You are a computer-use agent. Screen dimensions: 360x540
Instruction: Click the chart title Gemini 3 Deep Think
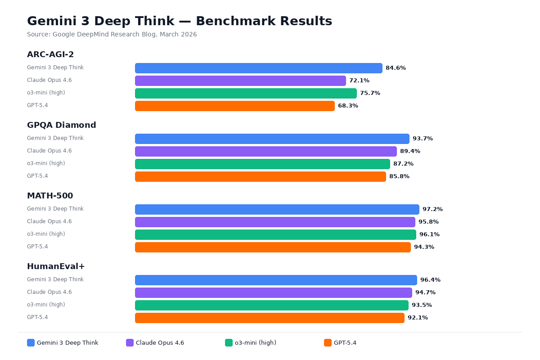click(180, 21)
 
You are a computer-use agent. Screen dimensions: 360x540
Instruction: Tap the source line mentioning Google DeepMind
click(112, 35)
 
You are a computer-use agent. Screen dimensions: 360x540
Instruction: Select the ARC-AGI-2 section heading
click(50, 54)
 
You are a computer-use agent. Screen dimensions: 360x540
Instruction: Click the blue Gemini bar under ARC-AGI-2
click(258, 68)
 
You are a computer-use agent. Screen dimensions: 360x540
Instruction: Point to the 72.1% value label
click(359, 81)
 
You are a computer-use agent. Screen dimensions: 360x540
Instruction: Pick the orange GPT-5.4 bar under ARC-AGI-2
click(234, 106)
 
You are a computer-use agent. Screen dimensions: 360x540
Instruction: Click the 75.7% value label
click(370, 93)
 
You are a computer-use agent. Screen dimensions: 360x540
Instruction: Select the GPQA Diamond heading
click(62, 125)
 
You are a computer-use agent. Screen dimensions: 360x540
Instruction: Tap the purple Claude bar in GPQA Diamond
click(265, 151)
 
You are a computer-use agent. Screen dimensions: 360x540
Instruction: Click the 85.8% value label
click(399, 176)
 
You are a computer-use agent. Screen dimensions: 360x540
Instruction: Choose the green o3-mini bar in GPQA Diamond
click(262, 164)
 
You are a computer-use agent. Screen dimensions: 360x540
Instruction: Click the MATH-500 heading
click(50, 196)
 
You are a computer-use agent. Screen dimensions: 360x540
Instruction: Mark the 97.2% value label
click(432, 209)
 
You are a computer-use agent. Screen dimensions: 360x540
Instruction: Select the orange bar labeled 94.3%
click(273, 247)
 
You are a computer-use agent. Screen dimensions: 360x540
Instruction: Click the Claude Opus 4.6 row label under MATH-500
click(49, 221)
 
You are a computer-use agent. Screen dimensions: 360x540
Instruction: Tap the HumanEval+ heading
click(56, 266)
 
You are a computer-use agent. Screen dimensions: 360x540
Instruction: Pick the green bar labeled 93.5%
click(271, 305)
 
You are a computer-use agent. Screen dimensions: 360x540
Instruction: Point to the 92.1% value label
click(418, 318)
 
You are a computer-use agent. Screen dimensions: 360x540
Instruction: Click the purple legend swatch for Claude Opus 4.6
click(130, 343)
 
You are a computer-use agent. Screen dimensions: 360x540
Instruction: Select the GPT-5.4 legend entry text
click(345, 343)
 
